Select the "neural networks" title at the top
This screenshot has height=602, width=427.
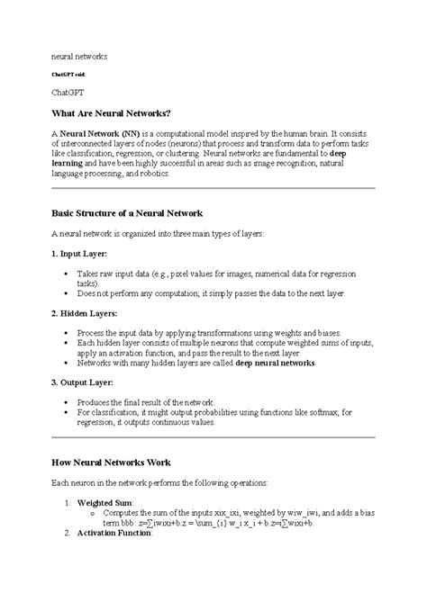click(78, 56)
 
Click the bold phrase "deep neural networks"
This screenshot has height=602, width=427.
click(274, 363)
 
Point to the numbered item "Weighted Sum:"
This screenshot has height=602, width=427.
click(105, 502)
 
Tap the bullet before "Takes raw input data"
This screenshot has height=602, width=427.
click(68, 272)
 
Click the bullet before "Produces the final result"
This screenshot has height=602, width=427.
click(68, 401)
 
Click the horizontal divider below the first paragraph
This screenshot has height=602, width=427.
click(213, 188)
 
